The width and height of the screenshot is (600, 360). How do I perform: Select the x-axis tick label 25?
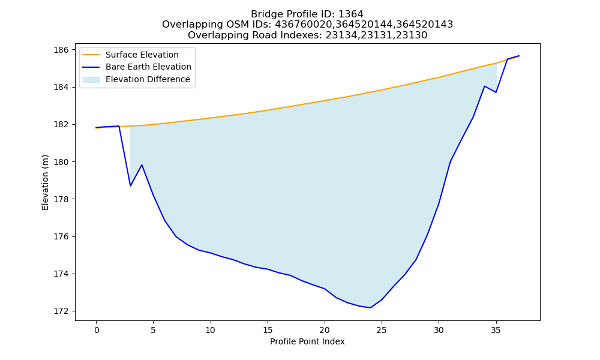tap(382, 330)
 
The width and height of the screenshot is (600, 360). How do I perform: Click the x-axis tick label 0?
tap(96, 330)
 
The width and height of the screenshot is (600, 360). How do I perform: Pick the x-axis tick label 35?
tap(496, 330)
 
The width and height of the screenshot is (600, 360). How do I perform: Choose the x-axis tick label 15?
tap(268, 330)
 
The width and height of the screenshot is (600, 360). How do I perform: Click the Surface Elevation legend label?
tap(142, 55)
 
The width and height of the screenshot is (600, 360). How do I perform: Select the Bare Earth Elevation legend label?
tap(148, 67)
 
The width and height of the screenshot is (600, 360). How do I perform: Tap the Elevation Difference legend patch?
tap(91, 80)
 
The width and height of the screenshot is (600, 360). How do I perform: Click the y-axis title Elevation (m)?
tap(45, 182)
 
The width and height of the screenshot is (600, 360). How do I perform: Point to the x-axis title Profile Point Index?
tap(307, 341)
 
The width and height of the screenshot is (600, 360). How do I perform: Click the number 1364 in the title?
tap(351, 14)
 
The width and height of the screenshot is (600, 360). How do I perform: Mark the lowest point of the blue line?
tap(370, 308)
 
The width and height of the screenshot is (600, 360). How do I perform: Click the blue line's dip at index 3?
tap(130, 186)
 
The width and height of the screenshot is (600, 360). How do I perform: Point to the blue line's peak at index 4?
tap(142, 165)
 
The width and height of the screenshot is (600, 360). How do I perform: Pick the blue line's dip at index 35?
tap(496, 92)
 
